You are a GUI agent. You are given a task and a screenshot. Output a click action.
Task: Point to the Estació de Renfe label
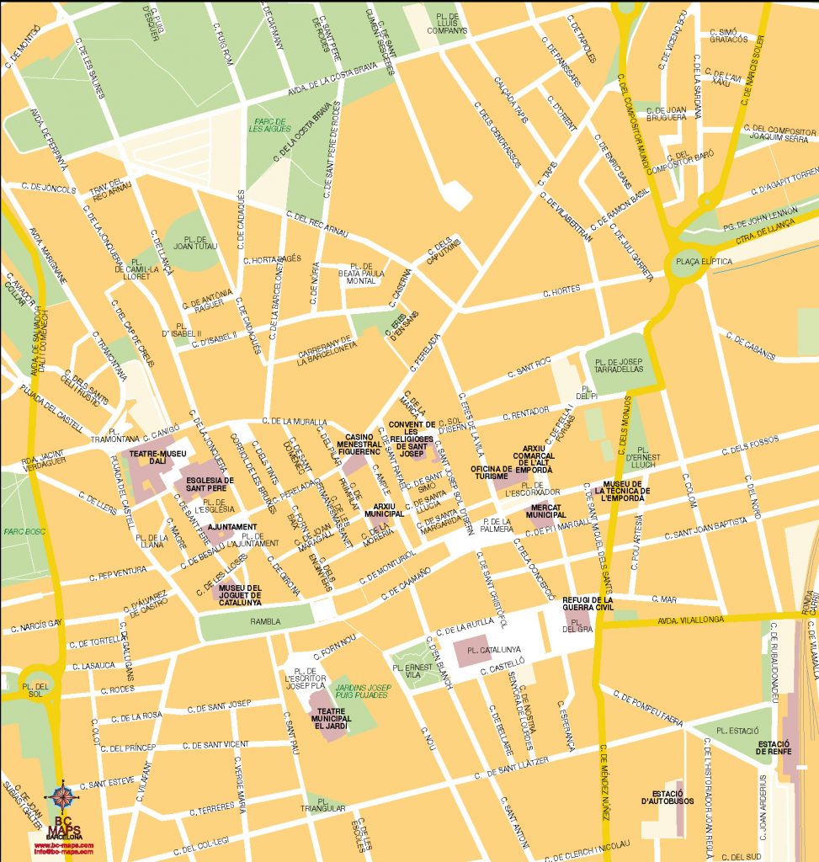773,748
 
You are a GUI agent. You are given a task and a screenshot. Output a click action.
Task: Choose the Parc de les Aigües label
269,125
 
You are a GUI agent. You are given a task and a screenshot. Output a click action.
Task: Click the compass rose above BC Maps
63,794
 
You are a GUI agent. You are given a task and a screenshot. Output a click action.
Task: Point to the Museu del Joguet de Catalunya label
240,594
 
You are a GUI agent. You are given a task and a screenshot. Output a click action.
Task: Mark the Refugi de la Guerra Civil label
588,604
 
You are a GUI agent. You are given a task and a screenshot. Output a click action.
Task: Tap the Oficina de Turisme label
491,472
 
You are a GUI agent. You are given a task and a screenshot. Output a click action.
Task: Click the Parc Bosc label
19,531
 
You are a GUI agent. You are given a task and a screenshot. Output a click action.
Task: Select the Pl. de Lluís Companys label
446,23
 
